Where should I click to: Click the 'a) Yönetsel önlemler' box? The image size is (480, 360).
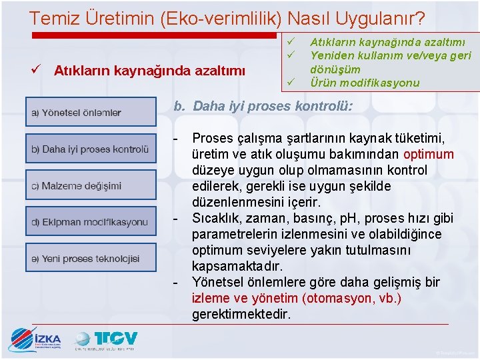tap(91, 113)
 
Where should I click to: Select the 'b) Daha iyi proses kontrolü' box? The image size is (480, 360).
tap(91, 149)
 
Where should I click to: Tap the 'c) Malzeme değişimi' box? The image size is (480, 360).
tap(91, 185)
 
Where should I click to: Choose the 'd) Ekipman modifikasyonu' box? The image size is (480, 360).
tap(91, 221)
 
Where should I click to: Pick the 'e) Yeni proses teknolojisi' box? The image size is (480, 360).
tap(91, 258)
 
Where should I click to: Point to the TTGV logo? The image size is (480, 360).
tap(107, 339)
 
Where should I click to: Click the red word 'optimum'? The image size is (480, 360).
tap(429, 154)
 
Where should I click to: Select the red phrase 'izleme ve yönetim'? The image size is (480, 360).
tap(245, 298)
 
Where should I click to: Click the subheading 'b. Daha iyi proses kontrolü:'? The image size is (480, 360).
tap(263, 106)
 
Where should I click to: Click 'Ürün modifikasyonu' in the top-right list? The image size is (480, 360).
tap(365, 83)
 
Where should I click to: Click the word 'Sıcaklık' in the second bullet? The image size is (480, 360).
tap(215, 218)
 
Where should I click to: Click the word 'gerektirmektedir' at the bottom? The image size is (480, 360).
tap(241, 314)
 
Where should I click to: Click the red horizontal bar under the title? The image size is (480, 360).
tap(153, 35)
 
